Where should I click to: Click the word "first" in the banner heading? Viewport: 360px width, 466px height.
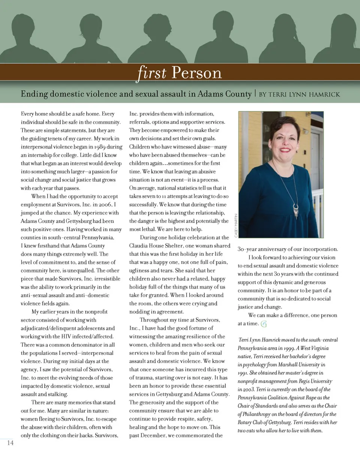[x=152, y=72]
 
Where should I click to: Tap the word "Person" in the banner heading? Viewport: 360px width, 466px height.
[x=196, y=73]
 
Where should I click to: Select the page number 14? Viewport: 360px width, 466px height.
[x=10, y=443]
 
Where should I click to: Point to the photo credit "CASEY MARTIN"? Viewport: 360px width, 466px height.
[x=236, y=225]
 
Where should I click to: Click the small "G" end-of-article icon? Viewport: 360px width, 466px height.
[x=264, y=324]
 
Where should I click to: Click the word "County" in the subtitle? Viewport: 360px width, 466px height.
[x=238, y=94]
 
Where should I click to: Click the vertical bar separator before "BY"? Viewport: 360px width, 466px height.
[x=255, y=94]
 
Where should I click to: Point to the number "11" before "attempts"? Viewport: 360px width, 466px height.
[x=164, y=196]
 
